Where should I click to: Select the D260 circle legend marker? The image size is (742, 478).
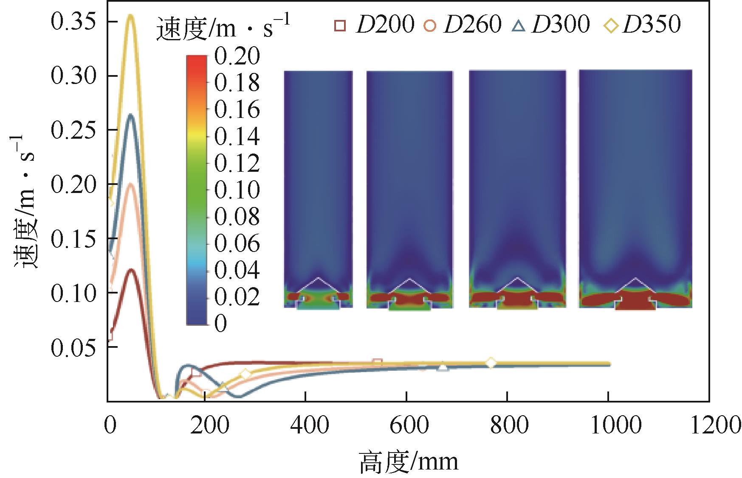[x=430, y=25]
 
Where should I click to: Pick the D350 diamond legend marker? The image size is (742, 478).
[x=611, y=26]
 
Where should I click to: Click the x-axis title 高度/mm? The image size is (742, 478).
[x=409, y=461]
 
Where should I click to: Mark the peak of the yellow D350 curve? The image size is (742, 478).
[x=131, y=16]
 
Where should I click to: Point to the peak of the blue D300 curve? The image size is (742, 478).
[x=131, y=115]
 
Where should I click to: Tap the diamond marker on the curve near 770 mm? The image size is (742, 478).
[x=491, y=363]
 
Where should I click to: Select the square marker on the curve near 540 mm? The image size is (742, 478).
[x=377, y=362]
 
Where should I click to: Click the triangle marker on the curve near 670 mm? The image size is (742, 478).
[x=443, y=367]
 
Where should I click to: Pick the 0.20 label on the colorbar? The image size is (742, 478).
[x=237, y=56]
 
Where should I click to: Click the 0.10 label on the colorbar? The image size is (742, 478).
[x=237, y=190]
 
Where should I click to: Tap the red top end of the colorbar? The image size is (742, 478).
[x=197, y=59]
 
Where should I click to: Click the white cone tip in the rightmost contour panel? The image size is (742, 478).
[x=635, y=278]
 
